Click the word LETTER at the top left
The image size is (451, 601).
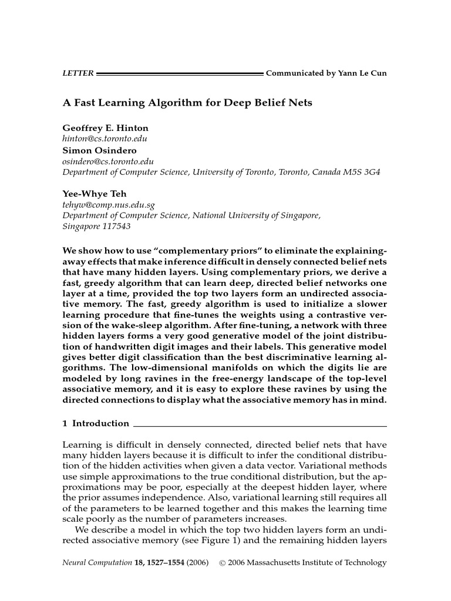pos(78,73)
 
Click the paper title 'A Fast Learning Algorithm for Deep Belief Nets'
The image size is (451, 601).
pos(187,103)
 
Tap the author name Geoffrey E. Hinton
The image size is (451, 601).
pos(105,128)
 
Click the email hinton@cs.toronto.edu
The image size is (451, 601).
pos(104,139)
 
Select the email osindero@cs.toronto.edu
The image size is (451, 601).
pos(108,161)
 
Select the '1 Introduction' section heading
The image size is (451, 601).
pos(96,423)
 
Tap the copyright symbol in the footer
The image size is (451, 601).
pos(222,562)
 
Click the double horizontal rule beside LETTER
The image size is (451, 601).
pos(179,74)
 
